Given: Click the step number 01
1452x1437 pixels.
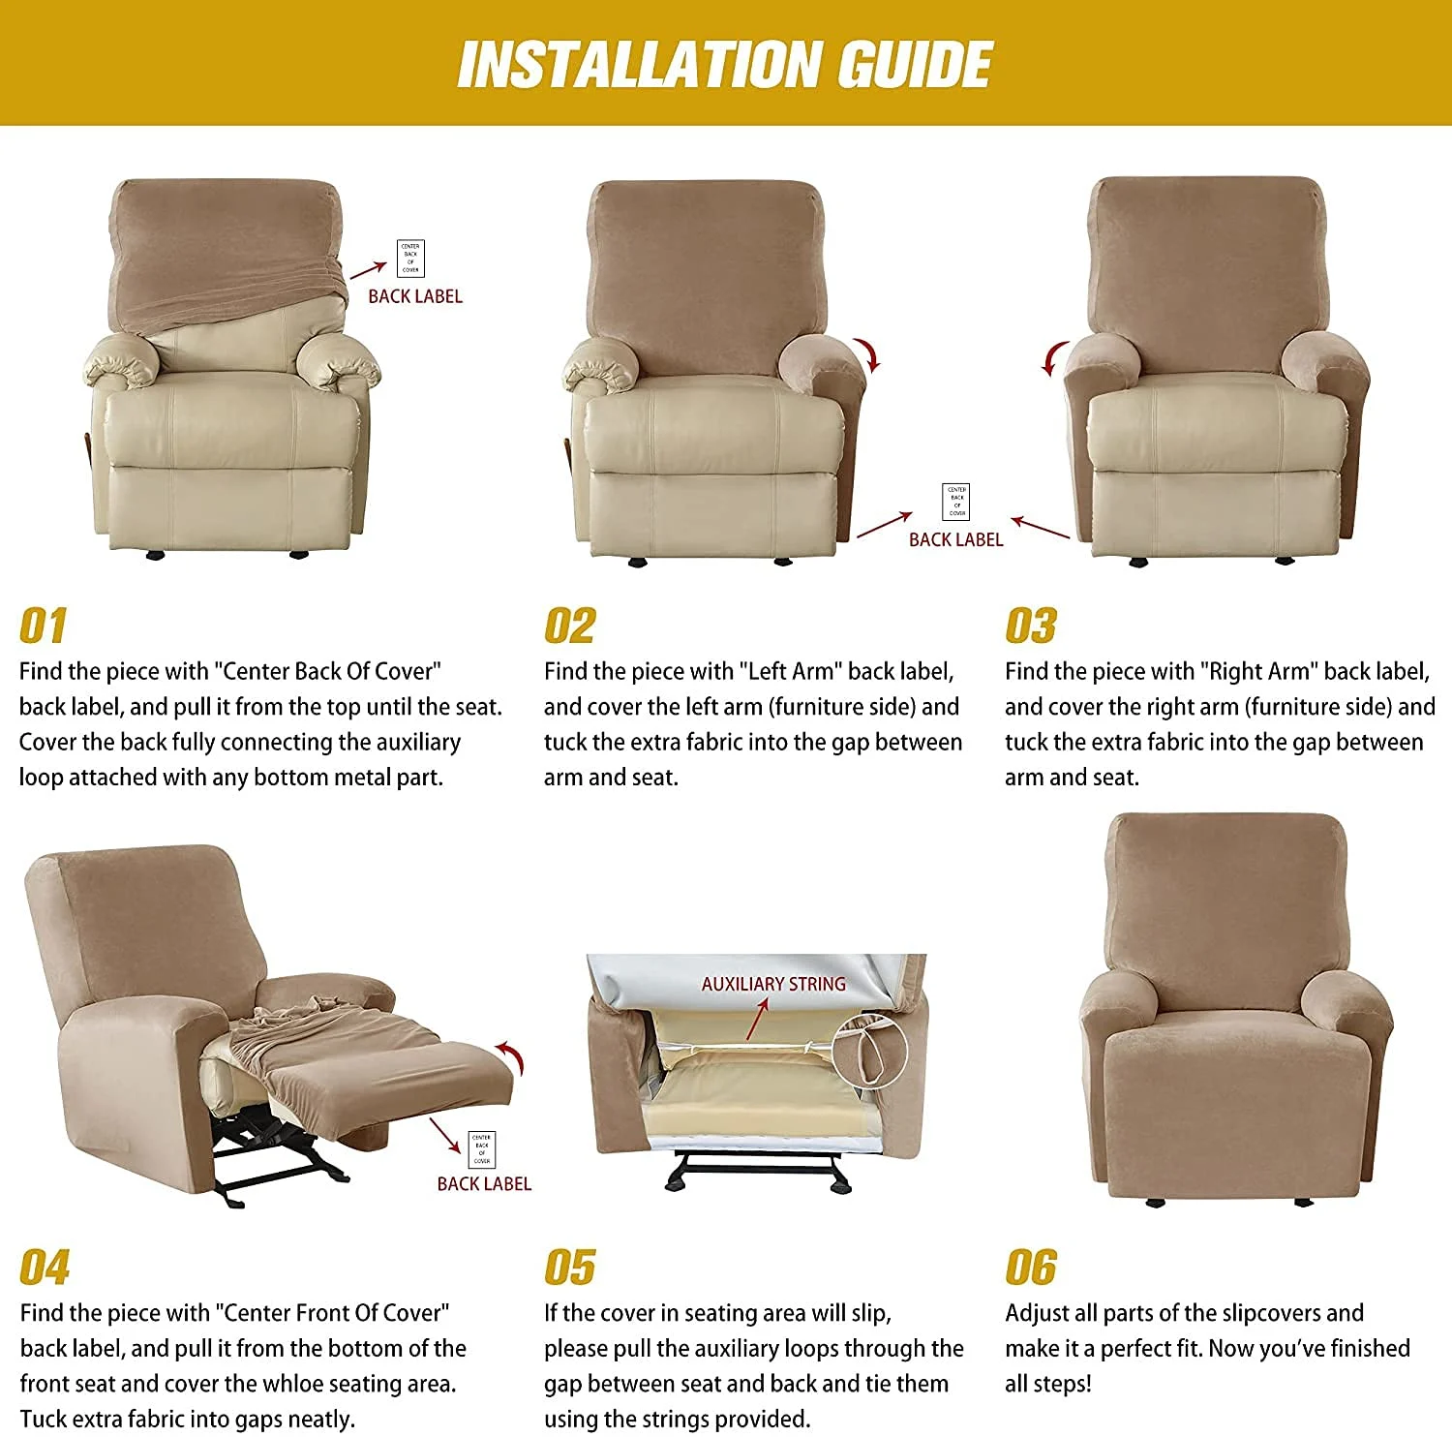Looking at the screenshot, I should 43,627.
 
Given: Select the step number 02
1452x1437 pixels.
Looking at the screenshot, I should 569,627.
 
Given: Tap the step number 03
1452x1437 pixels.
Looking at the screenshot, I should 1031,627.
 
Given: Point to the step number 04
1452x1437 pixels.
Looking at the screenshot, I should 45,1268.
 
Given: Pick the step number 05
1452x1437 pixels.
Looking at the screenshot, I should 569,1268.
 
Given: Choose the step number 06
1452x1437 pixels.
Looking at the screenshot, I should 1031,1268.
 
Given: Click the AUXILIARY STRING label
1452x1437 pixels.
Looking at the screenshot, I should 772,984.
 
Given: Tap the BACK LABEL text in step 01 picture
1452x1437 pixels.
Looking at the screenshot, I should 415,296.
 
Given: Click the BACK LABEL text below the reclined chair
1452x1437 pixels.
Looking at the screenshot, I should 484,1183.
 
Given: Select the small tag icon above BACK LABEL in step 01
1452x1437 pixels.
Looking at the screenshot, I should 410,259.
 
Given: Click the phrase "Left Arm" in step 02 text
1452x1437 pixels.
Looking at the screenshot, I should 791,671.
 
